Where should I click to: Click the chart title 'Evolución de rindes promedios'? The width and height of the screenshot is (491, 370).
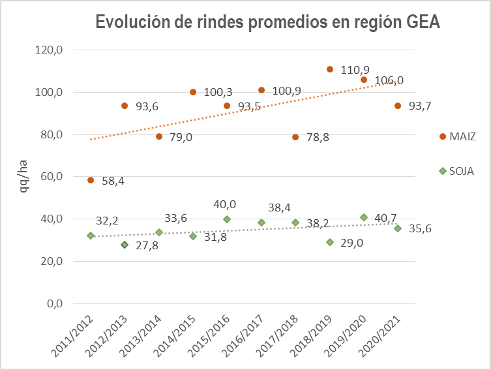(x=268, y=22)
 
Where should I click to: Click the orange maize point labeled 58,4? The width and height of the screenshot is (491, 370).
(x=91, y=180)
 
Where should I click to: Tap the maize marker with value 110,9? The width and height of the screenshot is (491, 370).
(x=330, y=69)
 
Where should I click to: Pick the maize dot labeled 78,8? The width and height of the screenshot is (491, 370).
(x=295, y=137)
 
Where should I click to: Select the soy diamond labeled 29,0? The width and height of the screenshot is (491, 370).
(x=330, y=242)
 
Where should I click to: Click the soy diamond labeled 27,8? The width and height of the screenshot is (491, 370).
(x=125, y=245)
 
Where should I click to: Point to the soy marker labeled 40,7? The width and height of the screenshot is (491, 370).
(x=364, y=217)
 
